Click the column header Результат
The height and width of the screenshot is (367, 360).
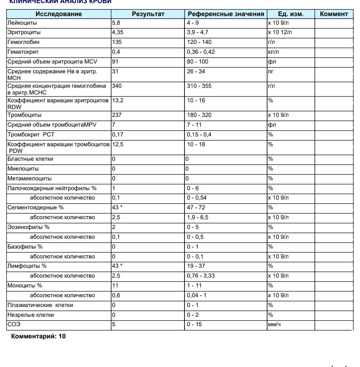tap(148, 14)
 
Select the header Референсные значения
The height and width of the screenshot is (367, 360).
tap(226, 14)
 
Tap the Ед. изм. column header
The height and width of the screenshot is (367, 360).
tap(290, 14)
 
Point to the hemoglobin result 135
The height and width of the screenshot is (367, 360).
tap(116, 42)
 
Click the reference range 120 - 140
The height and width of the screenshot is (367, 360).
tap(199, 42)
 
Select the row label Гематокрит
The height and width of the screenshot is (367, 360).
tap(23, 52)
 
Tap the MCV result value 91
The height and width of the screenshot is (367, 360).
tap(115, 62)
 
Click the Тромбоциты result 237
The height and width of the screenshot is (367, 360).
tap(116, 115)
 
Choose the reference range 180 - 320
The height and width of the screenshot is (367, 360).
tap(199, 115)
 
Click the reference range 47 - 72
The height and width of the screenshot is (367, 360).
tap(196, 207)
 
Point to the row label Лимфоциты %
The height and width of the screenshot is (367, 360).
tap(27, 266)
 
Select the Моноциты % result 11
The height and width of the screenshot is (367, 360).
tap(115, 285)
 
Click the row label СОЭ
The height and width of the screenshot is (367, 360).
tap(14, 325)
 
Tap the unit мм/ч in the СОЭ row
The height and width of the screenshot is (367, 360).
tap(274, 325)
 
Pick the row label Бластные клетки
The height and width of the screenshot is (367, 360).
tap(30, 159)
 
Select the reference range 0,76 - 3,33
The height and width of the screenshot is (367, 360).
tap(201, 276)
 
